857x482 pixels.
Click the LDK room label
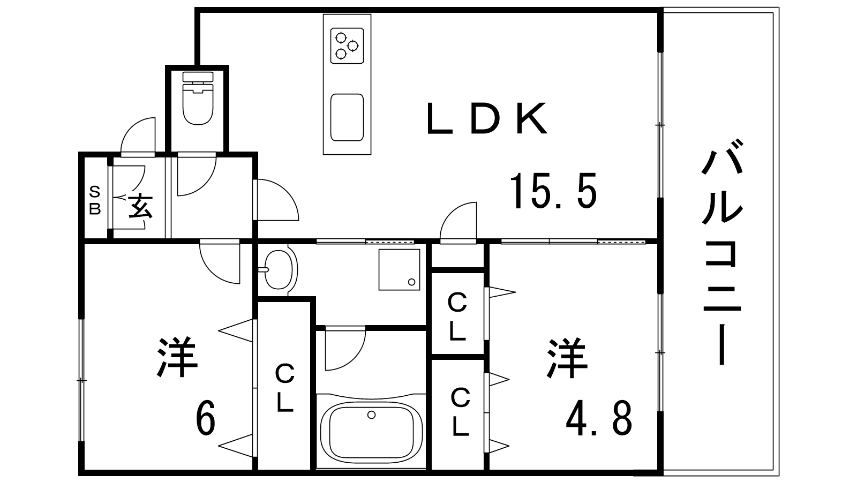pyautogui.click(x=486, y=118)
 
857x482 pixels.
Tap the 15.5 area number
pyautogui.click(x=553, y=191)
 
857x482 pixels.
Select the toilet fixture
pyautogui.click(x=198, y=98)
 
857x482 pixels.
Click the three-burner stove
pyautogui.click(x=347, y=46)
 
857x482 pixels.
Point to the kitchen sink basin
pyautogui.click(x=347, y=117)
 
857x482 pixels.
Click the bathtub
pyautogui.click(x=371, y=431)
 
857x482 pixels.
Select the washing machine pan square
pyautogui.click(x=400, y=270)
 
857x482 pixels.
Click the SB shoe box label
pyautogui.click(x=95, y=200)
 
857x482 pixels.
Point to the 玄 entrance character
pyautogui.click(x=140, y=206)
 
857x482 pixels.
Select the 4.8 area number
pyautogui.click(x=599, y=418)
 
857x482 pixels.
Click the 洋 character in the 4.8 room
pyautogui.click(x=567, y=358)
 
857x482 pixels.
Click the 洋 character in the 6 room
pyautogui.click(x=177, y=358)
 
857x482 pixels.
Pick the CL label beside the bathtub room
pyautogui.click(x=284, y=388)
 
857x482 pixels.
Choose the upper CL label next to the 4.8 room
pyautogui.click(x=457, y=317)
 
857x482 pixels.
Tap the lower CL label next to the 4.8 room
pyautogui.click(x=460, y=412)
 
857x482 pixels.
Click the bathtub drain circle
pyautogui.click(x=371, y=415)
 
